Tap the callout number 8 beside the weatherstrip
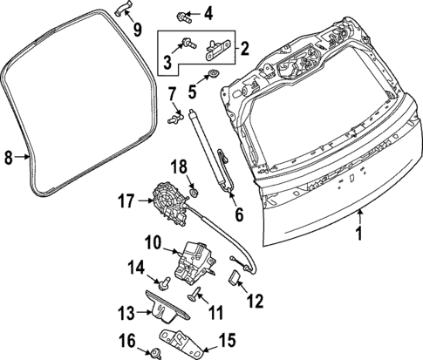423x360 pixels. pyautogui.click(x=8, y=158)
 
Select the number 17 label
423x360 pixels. pyautogui.click(x=126, y=202)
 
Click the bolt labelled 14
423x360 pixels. pyautogui.click(x=164, y=281)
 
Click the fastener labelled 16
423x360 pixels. pyautogui.click(x=154, y=353)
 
